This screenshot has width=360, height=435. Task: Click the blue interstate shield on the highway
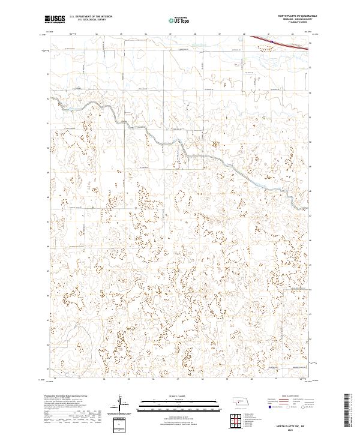(x=271, y=41)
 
